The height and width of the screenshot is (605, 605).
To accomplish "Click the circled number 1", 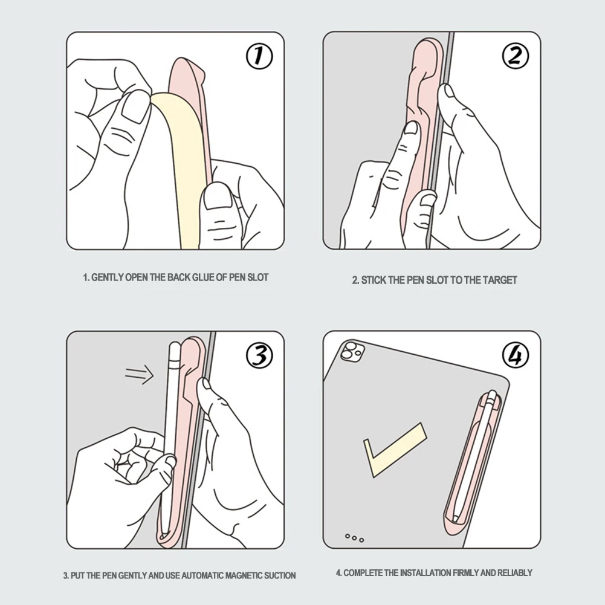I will coord(259,57).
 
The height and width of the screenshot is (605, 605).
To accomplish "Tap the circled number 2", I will coord(515,57).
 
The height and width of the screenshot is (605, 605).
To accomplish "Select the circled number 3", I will coord(259,355).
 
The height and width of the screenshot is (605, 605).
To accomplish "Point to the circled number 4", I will coord(515,355).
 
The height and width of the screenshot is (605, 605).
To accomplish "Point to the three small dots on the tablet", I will coord(354,537).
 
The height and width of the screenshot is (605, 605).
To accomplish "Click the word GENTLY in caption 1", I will coord(107,277).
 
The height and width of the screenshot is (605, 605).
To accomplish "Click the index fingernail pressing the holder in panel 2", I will coord(411,129).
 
